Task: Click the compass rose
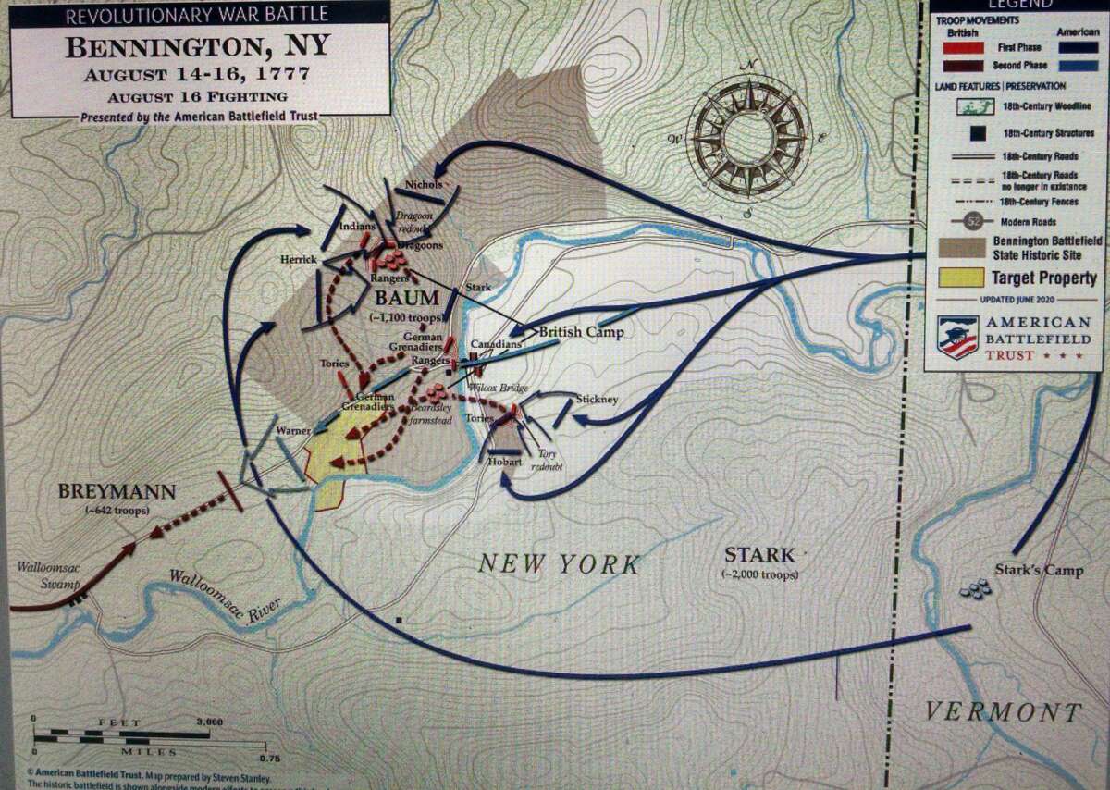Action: (x=750, y=138)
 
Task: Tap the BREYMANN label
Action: (x=117, y=492)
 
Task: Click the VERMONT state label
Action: (x=1004, y=711)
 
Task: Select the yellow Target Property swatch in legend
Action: (x=959, y=278)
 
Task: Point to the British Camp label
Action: (x=581, y=332)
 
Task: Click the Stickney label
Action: (x=597, y=399)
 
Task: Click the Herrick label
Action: (x=299, y=260)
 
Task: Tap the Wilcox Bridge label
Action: (x=499, y=388)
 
